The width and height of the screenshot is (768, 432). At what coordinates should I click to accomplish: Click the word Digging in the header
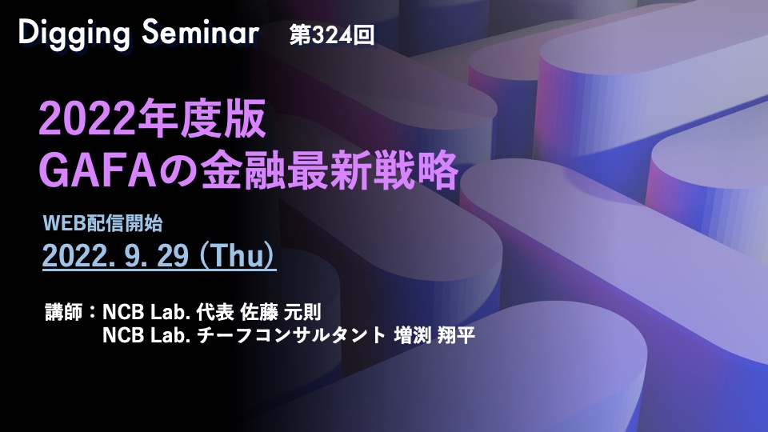click(x=74, y=34)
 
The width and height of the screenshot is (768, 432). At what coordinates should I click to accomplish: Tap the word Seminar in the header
click(x=200, y=33)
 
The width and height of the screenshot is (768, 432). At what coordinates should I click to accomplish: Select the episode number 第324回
click(x=331, y=35)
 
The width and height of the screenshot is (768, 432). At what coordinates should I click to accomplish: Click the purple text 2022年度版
click(x=152, y=119)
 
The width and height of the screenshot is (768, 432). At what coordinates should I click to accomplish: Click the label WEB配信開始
click(x=103, y=223)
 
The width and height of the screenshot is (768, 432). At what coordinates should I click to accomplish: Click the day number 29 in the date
click(x=173, y=255)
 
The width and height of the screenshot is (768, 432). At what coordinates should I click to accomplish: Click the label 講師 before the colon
click(x=64, y=312)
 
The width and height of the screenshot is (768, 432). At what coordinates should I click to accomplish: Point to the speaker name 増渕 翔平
click(x=434, y=335)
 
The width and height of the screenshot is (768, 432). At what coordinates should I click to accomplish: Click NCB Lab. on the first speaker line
click(x=146, y=312)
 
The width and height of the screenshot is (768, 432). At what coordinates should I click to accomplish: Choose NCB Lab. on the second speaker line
click(x=146, y=335)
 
